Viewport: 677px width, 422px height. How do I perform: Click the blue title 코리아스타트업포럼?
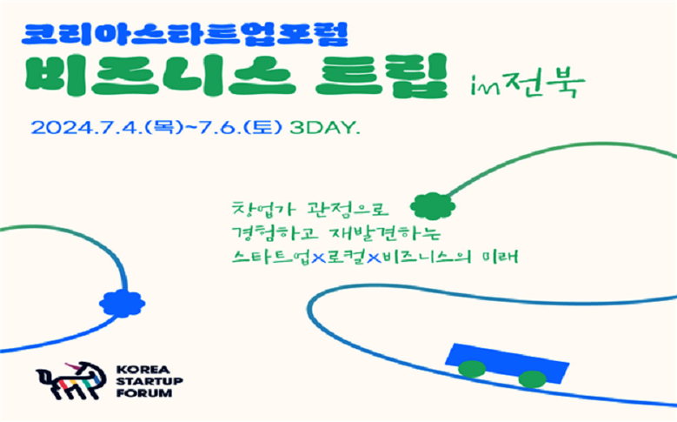coord(184,34)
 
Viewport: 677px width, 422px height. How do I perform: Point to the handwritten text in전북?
coord(528,83)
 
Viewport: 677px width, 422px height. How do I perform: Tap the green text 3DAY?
coord(325,128)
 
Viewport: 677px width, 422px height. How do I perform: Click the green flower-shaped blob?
coord(433,206)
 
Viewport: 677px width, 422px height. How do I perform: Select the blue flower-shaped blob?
coord(123,304)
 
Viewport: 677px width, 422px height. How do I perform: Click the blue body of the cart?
coord(508,361)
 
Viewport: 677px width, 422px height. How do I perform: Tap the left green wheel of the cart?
coord(472,369)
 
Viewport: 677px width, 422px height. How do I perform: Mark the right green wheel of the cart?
coord(533,379)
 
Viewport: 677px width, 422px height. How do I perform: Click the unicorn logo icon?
coord(71,380)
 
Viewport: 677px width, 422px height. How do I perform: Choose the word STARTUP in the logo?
coord(149,382)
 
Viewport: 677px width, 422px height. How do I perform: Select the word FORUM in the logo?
coord(144,393)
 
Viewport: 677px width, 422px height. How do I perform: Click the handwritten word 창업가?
coord(264,209)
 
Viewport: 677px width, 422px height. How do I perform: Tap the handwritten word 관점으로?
coord(348,209)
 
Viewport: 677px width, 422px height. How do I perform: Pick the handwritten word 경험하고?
coord(275,233)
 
